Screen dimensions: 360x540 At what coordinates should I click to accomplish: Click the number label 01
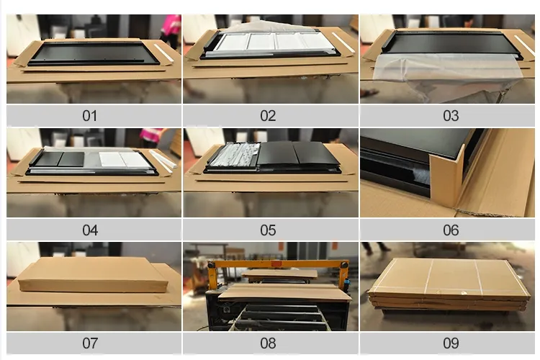point(90,116)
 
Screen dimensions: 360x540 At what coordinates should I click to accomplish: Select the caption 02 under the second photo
point(268,116)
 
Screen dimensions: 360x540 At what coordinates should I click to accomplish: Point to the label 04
point(90,230)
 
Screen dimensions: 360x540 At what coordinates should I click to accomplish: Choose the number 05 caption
point(268,230)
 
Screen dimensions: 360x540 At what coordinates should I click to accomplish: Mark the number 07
point(90,343)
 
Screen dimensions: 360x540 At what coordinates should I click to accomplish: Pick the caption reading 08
point(268,343)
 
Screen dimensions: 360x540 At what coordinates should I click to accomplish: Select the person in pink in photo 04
point(153,136)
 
